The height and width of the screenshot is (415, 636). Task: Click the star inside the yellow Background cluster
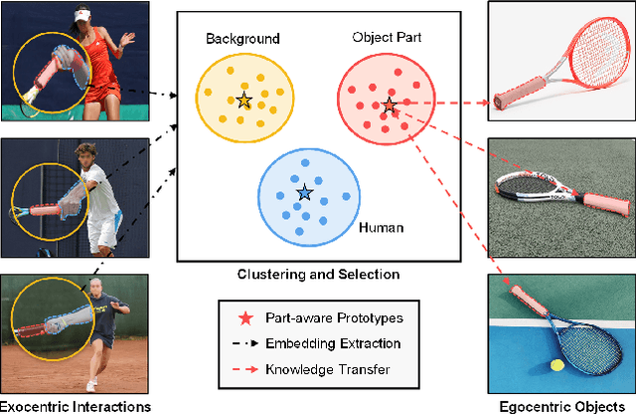[x=243, y=100]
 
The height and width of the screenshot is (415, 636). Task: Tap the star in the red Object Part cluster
[x=390, y=104]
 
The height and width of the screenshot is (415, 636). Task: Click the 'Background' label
[x=242, y=40]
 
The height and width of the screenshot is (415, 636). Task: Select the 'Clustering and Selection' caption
[x=318, y=274]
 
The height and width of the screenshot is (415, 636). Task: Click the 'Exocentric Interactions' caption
[x=76, y=406]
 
